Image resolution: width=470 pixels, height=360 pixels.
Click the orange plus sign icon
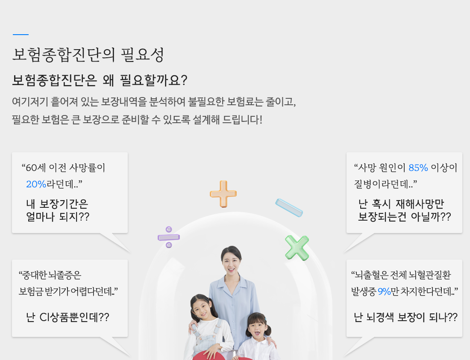[223, 194]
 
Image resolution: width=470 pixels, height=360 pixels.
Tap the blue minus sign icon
[289, 208]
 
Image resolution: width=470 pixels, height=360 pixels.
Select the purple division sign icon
[169, 237]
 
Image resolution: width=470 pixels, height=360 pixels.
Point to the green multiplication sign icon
[297, 248]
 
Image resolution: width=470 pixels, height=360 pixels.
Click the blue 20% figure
[36, 184]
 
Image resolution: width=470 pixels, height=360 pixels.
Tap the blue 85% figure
[418, 168]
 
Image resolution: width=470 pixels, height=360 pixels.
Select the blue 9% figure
[384, 291]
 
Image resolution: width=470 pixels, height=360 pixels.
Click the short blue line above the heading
[21, 35]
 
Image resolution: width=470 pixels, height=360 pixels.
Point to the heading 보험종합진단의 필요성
[88, 55]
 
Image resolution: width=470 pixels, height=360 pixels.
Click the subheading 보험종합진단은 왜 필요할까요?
[100, 80]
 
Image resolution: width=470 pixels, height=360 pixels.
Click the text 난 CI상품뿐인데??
[68, 317]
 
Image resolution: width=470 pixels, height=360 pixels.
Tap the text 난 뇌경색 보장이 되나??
[405, 317]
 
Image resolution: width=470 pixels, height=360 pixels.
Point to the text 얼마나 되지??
[58, 217]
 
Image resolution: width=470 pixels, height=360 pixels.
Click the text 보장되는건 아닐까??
[404, 217]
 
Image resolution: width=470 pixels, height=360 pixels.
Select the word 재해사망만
[420, 204]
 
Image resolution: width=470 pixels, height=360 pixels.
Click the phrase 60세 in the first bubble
[35, 168]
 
